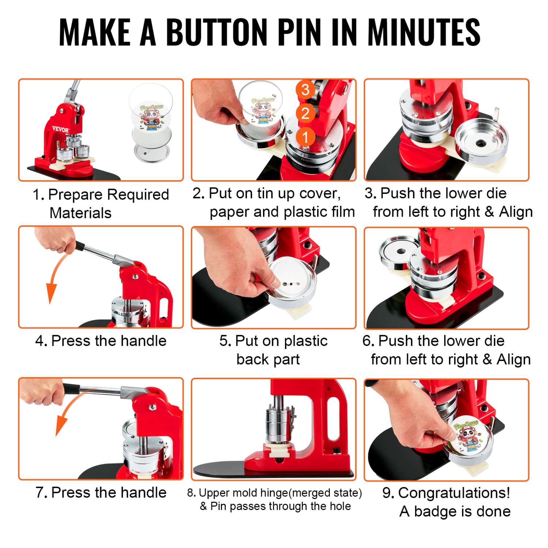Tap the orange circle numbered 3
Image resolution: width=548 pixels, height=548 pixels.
point(305,90)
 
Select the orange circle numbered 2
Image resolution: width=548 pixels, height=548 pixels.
point(305,113)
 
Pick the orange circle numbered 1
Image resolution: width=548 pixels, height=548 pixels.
point(305,137)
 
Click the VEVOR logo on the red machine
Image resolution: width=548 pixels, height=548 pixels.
point(60,129)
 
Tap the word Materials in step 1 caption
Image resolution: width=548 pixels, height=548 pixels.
point(80,213)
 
